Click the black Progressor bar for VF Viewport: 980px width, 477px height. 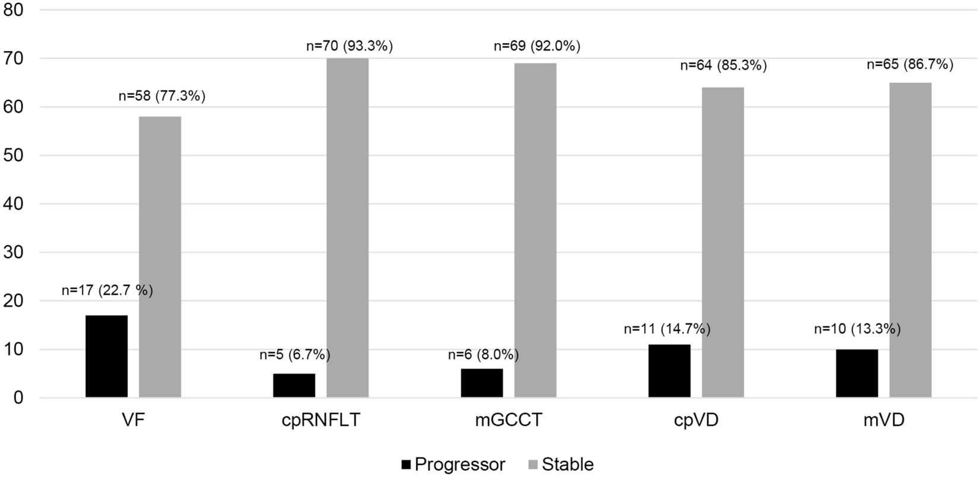point(106,356)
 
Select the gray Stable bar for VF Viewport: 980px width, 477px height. point(160,257)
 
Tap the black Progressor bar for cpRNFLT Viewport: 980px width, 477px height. point(294,385)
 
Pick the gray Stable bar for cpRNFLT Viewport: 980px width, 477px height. point(347,228)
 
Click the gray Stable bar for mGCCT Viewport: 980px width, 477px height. point(535,230)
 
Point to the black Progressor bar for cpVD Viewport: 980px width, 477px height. point(669,371)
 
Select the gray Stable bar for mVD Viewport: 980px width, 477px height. point(910,240)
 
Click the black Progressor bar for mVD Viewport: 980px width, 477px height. point(857,373)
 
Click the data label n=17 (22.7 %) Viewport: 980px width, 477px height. point(107,291)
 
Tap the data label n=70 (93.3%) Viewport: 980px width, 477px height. point(350,46)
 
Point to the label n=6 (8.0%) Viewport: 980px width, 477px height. point(483,355)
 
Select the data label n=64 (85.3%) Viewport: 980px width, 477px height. point(724,66)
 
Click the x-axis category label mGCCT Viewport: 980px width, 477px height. point(508,420)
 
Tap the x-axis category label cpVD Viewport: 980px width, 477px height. point(697,420)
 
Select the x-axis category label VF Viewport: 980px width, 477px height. point(133,420)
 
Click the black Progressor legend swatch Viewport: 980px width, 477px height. point(406,465)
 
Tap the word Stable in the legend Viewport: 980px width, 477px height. point(567,464)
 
